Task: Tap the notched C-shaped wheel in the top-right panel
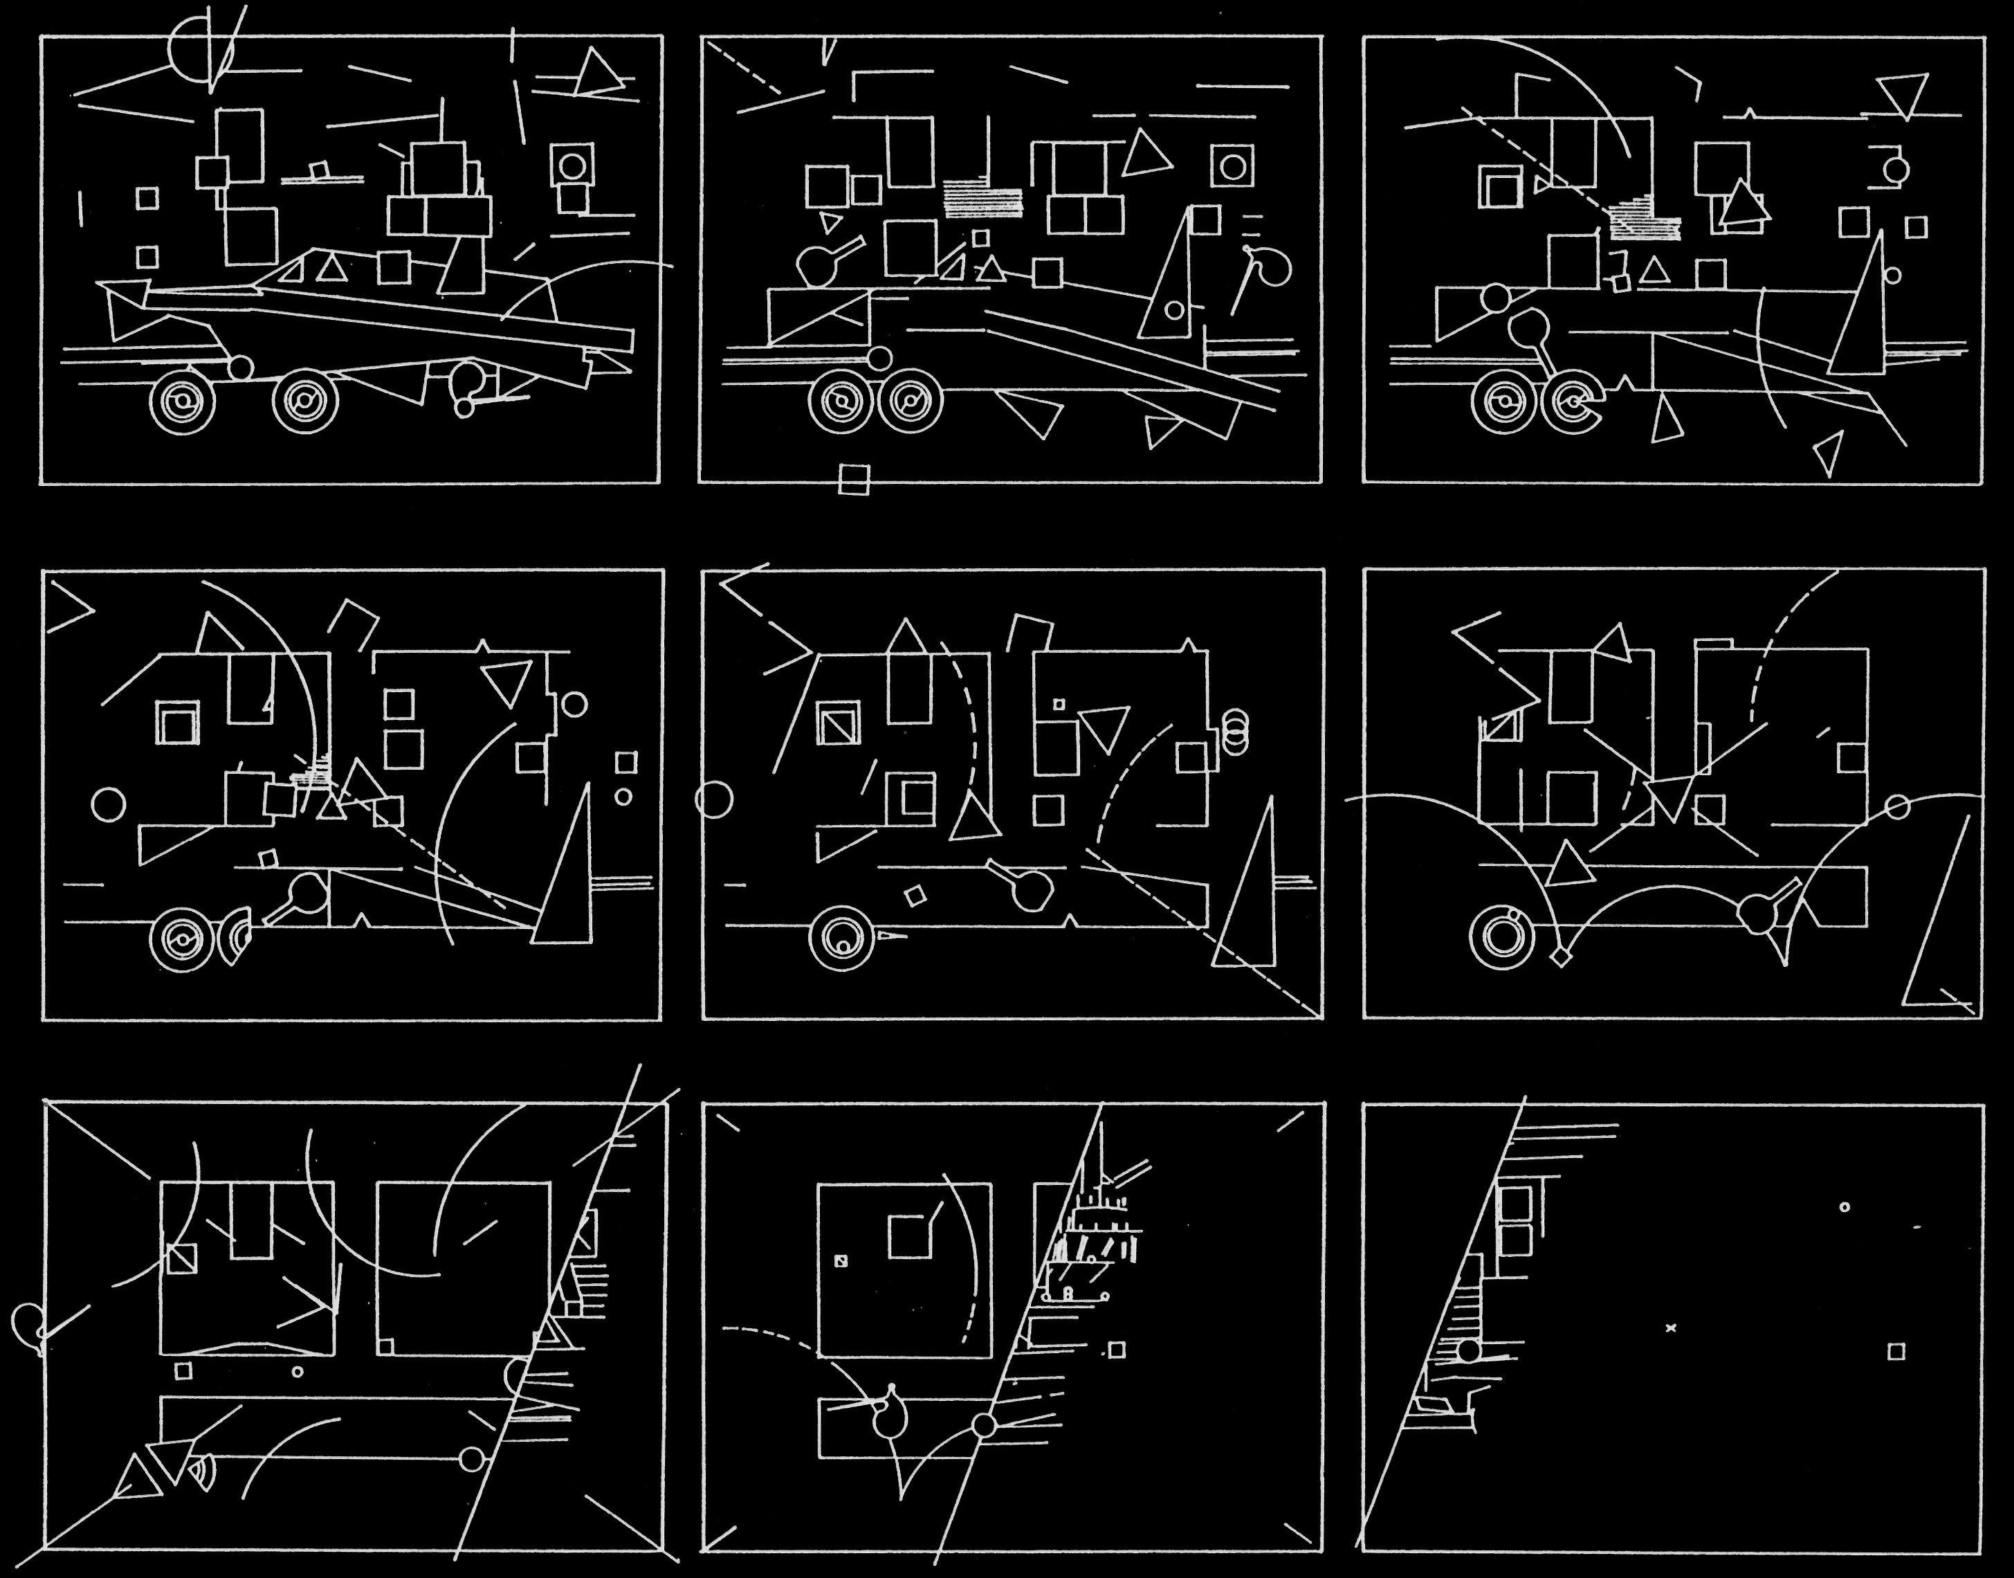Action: (x=1573, y=402)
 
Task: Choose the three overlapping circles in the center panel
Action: (x=1235, y=727)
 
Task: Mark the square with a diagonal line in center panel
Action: (x=839, y=723)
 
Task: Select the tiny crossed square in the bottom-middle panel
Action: (x=841, y=1260)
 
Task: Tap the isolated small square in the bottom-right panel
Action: (x=1896, y=1352)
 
